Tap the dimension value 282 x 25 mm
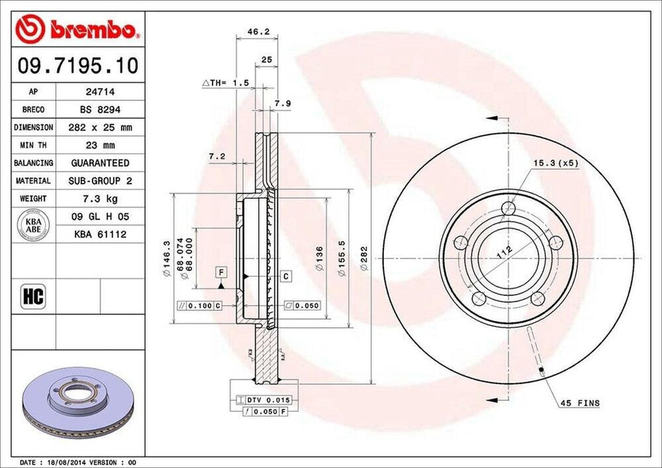pyautogui.click(x=100, y=128)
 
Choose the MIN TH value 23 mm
pyautogui.click(x=100, y=145)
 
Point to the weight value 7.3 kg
pyautogui.click(x=100, y=198)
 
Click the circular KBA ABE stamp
pyautogui.click(x=34, y=226)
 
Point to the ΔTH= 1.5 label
pyautogui.click(x=226, y=83)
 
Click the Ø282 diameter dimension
pyautogui.click(x=364, y=259)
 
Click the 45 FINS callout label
pyautogui.click(x=579, y=403)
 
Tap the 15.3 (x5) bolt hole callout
pyautogui.click(x=555, y=163)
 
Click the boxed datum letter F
pyautogui.click(x=220, y=271)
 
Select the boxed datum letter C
pyautogui.click(x=285, y=277)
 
